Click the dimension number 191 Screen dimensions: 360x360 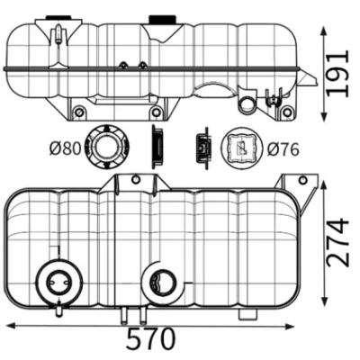click(338, 73)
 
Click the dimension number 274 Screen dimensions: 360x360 click(338, 244)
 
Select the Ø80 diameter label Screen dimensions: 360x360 click(65, 148)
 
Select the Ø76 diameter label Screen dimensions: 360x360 click(283, 149)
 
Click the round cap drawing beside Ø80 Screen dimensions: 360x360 click(108, 148)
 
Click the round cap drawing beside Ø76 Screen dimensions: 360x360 click(241, 148)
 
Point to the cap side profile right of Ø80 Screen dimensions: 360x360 click(157, 147)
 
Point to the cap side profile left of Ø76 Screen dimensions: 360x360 click(202, 148)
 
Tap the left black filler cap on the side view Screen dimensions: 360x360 click(58, 17)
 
